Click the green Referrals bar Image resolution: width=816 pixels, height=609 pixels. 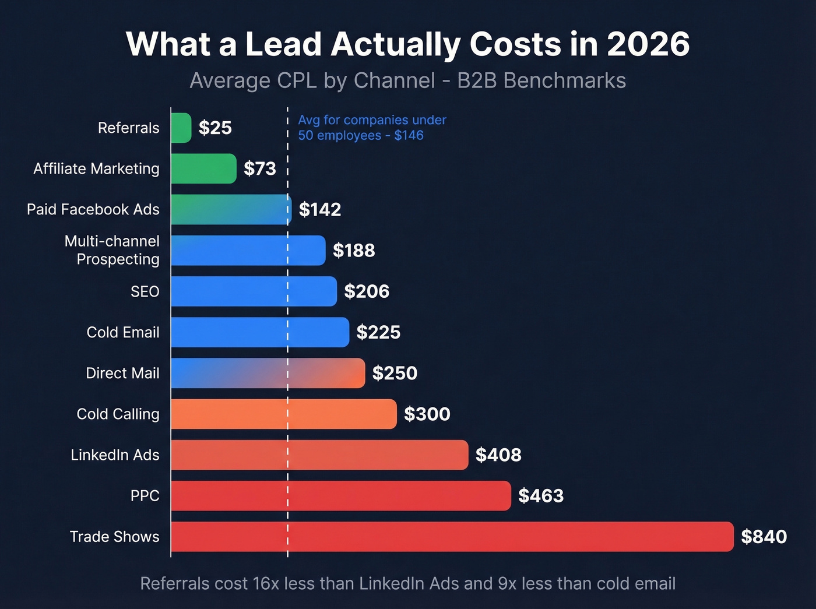pyautogui.click(x=181, y=128)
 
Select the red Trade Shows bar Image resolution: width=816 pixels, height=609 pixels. pyautogui.click(x=452, y=536)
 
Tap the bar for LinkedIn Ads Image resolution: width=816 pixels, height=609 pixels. pyautogui.click(x=319, y=455)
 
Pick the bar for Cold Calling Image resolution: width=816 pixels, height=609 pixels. pyautogui.click(x=284, y=414)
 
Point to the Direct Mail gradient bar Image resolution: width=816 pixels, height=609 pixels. pyautogui.click(x=268, y=373)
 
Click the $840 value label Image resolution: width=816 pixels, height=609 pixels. pyautogui.click(x=764, y=536)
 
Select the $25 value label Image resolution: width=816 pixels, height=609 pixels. pyautogui.click(x=215, y=128)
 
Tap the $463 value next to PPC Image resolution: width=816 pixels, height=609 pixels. pyautogui.click(x=541, y=495)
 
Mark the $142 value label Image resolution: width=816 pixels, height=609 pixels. pyautogui.click(x=320, y=209)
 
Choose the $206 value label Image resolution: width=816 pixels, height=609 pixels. pyautogui.click(x=367, y=291)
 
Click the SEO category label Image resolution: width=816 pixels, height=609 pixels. pyautogui.click(x=145, y=291)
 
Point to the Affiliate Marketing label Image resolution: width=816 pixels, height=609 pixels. pyautogui.click(x=96, y=168)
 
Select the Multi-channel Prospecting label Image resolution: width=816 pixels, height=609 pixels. pyautogui.click(x=112, y=250)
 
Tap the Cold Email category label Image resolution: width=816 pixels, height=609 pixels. pyautogui.click(x=123, y=332)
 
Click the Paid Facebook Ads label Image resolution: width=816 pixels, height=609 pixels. pyautogui.click(x=93, y=209)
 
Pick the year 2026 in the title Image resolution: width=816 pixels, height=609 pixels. pyautogui.click(x=648, y=44)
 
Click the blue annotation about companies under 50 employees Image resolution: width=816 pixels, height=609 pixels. pyautogui.click(x=372, y=128)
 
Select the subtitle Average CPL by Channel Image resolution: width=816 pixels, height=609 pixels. pyautogui.click(x=312, y=80)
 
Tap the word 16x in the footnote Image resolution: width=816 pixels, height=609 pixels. pyautogui.click(x=266, y=583)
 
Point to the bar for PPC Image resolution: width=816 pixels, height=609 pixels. pyautogui.click(x=341, y=495)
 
